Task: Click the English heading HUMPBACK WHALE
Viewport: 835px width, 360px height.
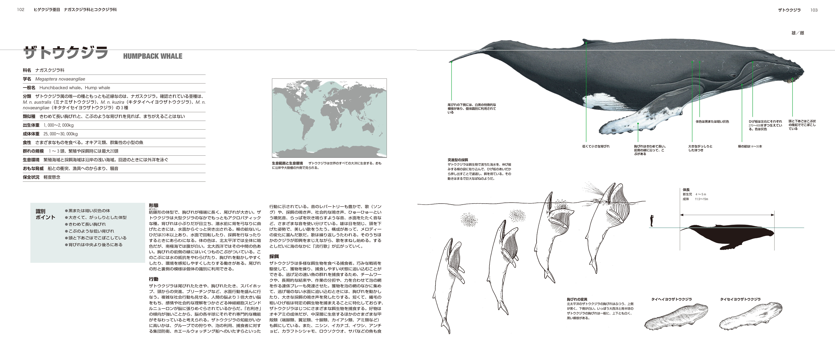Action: point(153,56)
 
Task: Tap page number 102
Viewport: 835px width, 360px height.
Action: point(21,10)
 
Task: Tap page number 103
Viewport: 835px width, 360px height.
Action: point(814,10)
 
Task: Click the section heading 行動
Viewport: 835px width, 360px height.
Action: point(154,279)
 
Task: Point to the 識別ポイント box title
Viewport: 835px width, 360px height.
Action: point(45,214)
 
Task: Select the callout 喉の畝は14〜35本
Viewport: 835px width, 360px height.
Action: point(750,146)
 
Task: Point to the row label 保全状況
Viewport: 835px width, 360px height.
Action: point(31,177)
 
